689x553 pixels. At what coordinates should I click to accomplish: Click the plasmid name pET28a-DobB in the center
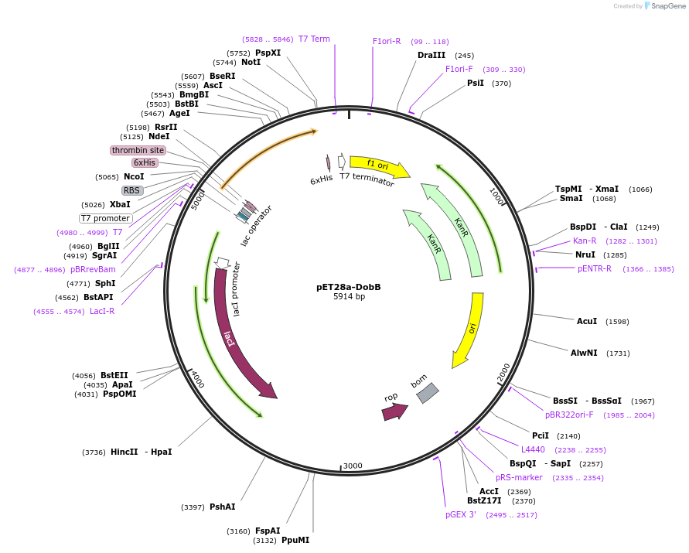(x=348, y=287)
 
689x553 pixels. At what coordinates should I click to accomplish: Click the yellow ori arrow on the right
(x=470, y=329)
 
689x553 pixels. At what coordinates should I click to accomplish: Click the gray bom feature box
(x=427, y=393)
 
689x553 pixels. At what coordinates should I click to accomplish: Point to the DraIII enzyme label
(x=431, y=55)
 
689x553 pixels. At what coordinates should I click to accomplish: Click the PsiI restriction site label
(x=475, y=83)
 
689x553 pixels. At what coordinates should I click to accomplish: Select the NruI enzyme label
(x=585, y=254)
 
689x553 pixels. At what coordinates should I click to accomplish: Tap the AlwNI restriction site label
(x=584, y=353)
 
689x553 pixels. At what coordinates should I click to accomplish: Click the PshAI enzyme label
(x=222, y=507)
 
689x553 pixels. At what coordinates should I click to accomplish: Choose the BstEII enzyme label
(x=114, y=375)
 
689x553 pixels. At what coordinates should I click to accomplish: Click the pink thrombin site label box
(x=138, y=150)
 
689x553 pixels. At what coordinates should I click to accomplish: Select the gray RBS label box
(x=132, y=190)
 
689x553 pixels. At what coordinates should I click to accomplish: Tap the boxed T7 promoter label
(x=105, y=218)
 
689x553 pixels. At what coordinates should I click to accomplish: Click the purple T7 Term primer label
(x=314, y=39)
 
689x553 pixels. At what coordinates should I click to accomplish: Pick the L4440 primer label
(x=533, y=449)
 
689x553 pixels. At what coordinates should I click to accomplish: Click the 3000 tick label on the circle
(x=353, y=466)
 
